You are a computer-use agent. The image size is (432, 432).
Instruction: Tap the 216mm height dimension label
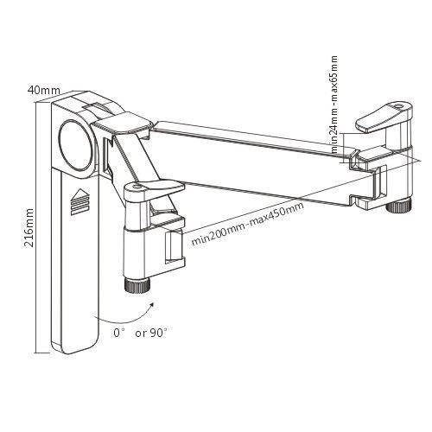coord(29,226)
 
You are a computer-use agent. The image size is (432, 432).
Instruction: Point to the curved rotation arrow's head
coord(154,302)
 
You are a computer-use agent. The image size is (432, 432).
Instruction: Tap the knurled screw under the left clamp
coord(138,284)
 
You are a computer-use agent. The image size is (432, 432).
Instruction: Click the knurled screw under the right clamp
coord(397,206)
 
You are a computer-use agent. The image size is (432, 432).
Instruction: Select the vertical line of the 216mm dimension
coord(36,225)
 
